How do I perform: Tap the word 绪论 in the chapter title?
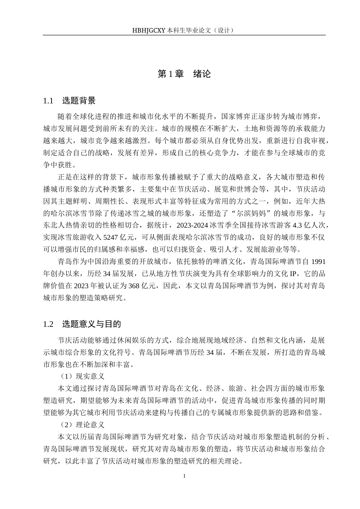(x=202, y=74)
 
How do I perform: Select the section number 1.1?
(x=48, y=101)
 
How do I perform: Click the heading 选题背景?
(x=78, y=101)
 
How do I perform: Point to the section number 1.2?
(x=48, y=324)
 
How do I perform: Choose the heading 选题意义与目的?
(x=91, y=324)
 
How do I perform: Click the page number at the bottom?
(x=184, y=476)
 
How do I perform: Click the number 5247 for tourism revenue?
(x=111, y=237)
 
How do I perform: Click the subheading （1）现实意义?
(x=81, y=376)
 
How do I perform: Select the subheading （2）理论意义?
(x=81, y=425)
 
